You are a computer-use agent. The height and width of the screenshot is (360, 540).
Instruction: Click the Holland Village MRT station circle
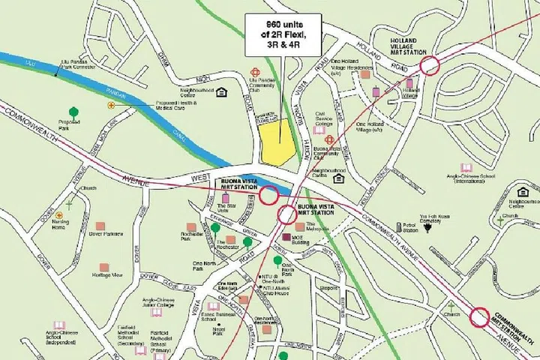(429, 65)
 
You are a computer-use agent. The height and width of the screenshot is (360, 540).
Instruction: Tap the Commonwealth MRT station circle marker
(479, 318)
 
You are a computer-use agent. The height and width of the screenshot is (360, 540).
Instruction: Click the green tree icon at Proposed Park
(73, 113)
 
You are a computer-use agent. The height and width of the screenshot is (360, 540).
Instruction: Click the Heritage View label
(106, 275)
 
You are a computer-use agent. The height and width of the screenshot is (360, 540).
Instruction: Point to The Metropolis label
(316, 226)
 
